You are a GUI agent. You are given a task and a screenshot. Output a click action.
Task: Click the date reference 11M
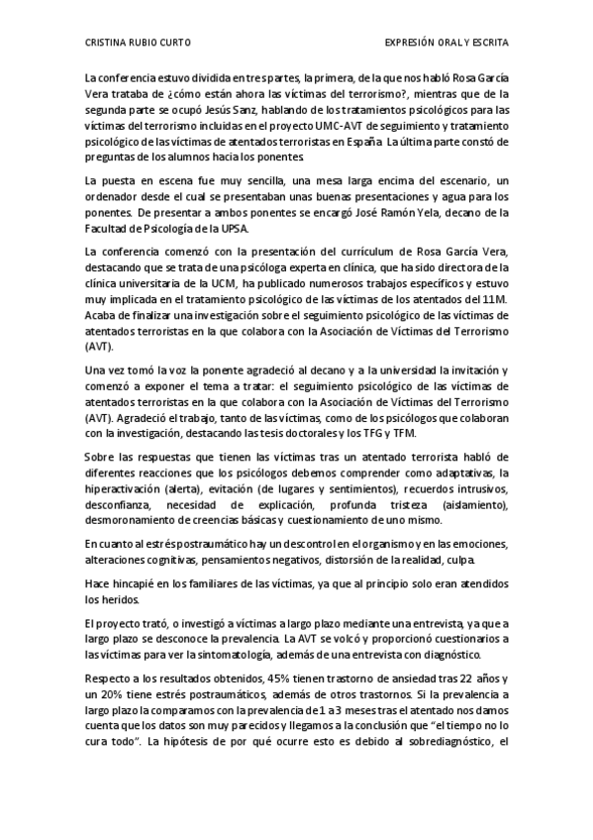point(497,297)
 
